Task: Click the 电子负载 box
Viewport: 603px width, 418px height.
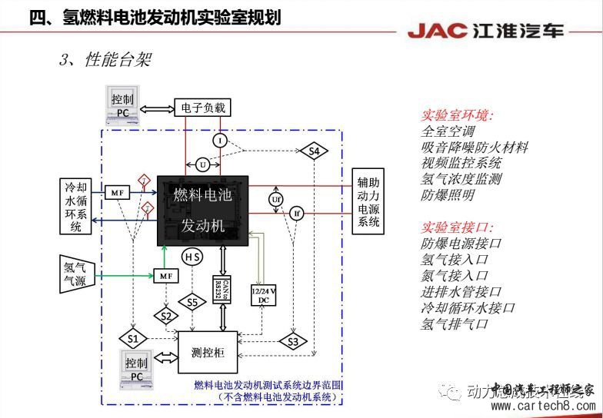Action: (202, 108)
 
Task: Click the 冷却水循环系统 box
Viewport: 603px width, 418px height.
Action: (76, 205)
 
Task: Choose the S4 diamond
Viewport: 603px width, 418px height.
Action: (314, 151)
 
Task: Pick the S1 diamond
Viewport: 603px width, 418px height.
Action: (133, 338)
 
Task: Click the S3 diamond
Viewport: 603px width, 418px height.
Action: (292, 341)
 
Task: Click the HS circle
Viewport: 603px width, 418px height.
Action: (192, 256)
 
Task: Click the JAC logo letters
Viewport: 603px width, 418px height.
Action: (437, 32)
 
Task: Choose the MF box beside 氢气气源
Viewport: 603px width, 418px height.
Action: (165, 275)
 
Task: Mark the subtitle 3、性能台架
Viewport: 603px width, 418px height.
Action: (104, 60)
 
